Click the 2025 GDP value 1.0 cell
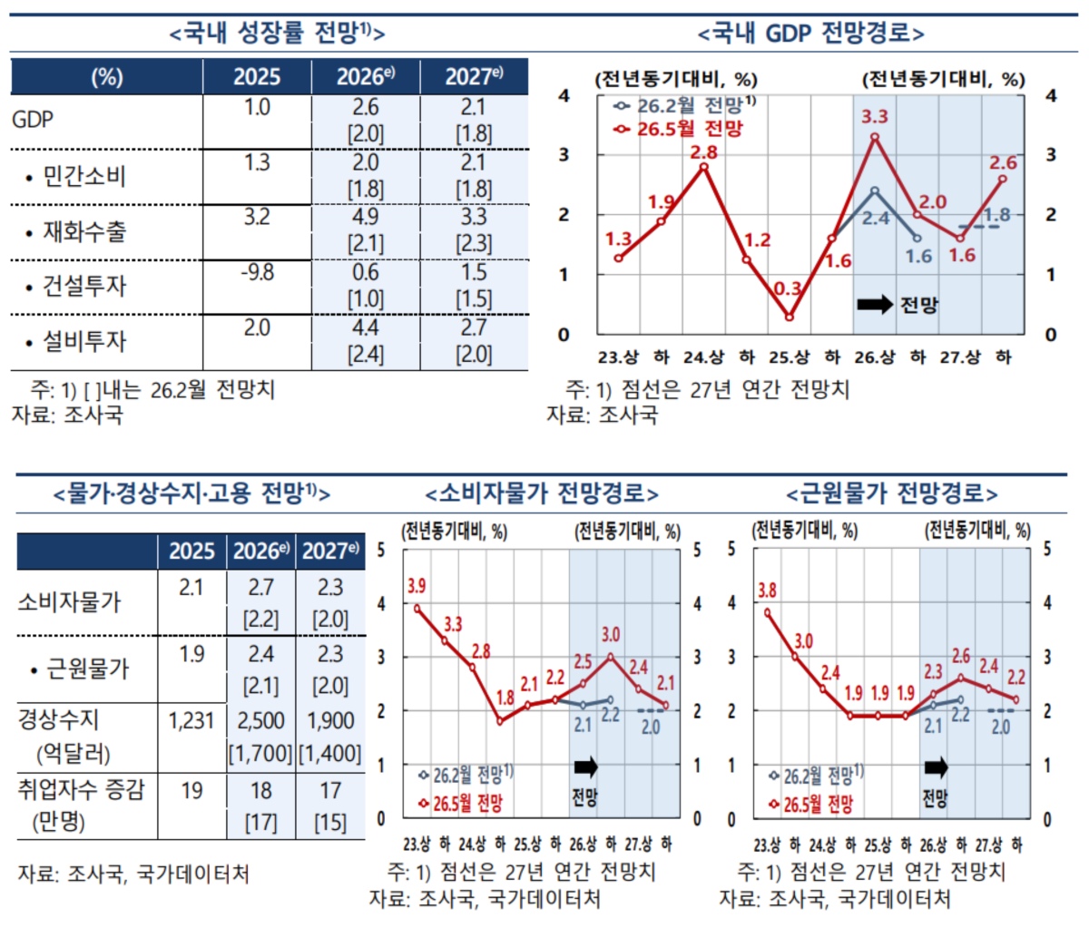coord(257,107)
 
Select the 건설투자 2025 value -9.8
coord(257,272)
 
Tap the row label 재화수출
coord(84,232)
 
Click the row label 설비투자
coord(84,342)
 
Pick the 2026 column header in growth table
coord(366,76)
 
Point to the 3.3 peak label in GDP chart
coord(875,116)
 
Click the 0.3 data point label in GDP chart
coord(788,288)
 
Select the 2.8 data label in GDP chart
coord(703,152)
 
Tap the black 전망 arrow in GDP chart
coord(875,304)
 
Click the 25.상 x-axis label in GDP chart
coord(789,357)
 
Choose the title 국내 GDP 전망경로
coord(810,34)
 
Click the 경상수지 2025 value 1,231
coord(191,721)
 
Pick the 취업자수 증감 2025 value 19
coord(191,791)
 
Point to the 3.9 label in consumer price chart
coord(417,586)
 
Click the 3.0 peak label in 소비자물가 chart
coord(611,635)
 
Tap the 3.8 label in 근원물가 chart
coord(767,590)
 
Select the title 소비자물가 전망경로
coord(542,493)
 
